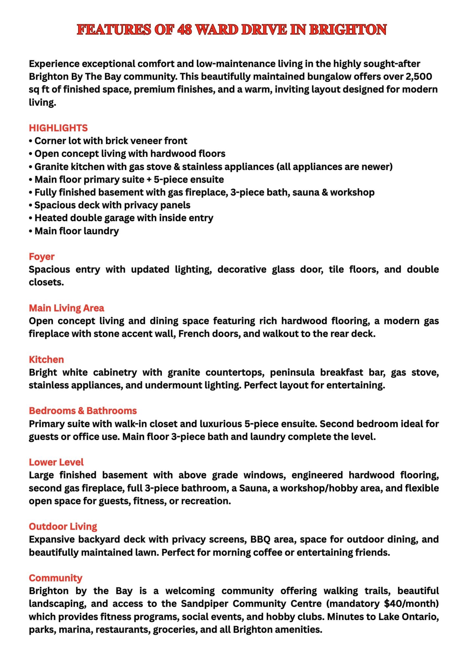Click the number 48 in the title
coord(185,30)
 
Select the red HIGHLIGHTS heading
coord(58,128)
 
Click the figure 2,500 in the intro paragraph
coord(419,76)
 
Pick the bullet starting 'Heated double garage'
coord(124,218)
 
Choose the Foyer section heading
coord(42,256)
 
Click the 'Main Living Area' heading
coord(67,308)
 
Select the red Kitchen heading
coord(46,359)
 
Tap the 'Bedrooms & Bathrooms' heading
coord(83,411)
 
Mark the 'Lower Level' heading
coord(56,462)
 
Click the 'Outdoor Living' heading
coord(63,526)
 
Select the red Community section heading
coord(55,578)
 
